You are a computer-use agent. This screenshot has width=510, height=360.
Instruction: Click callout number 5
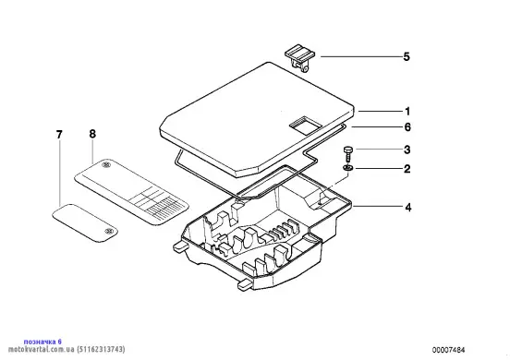click(407, 57)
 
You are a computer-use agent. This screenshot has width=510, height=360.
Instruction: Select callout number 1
click(407, 112)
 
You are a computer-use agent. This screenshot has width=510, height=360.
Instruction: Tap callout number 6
click(407, 126)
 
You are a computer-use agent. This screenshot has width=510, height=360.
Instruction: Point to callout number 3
click(407, 150)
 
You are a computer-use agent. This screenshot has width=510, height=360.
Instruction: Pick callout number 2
click(407, 169)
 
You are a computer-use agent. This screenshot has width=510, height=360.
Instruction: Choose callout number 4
click(407, 208)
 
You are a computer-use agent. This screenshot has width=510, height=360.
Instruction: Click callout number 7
click(59, 135)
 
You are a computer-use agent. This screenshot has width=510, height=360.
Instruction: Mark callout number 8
click(92, 134)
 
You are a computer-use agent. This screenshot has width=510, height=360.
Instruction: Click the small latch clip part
click(300, 58)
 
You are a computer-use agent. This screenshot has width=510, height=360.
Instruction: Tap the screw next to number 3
click(347, 154)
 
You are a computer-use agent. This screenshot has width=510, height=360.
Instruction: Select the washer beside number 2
click(347, 168)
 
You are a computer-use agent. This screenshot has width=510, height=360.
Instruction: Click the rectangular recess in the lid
click(306, 124)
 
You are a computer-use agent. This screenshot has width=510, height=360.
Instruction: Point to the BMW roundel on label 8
click(106, 165)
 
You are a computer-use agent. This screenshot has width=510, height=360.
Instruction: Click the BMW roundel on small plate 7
click(108, 231)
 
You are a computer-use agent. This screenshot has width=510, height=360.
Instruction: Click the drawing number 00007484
click(448, 350)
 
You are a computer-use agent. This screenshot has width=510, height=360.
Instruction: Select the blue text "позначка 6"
click(42, 342)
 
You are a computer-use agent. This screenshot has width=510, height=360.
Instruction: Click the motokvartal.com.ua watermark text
click(67, 349)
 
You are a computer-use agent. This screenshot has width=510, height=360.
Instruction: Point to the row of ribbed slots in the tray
click(284, 230)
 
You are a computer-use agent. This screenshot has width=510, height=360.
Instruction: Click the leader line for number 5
click(360, 57)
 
